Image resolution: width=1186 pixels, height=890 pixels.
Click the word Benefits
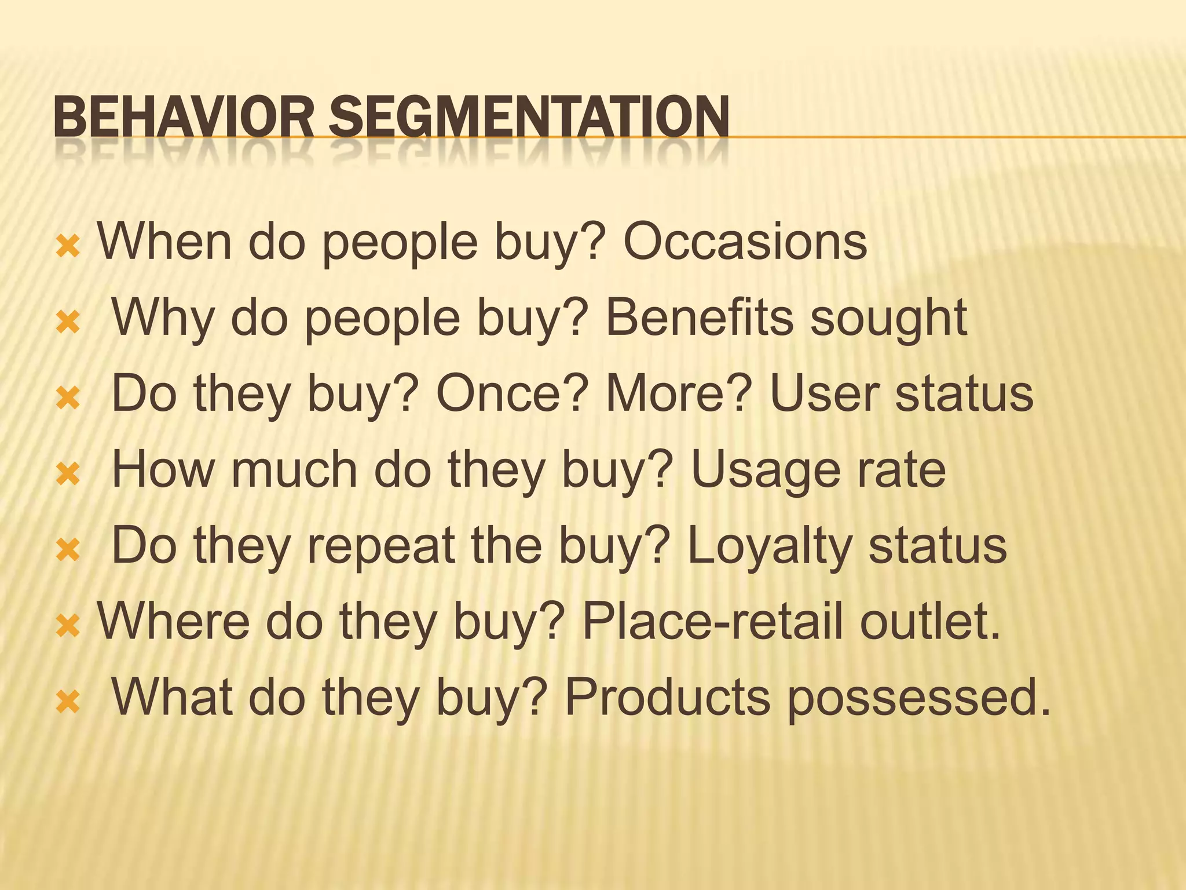699,318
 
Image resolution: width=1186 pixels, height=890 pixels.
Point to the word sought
888,319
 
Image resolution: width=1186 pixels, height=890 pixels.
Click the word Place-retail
713,621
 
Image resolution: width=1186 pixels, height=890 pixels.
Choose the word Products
667,697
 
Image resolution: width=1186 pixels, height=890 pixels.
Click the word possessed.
918,698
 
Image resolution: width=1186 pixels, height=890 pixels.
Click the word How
163,469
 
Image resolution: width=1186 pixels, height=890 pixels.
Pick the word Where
173,621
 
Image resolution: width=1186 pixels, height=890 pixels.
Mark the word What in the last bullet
172,697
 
